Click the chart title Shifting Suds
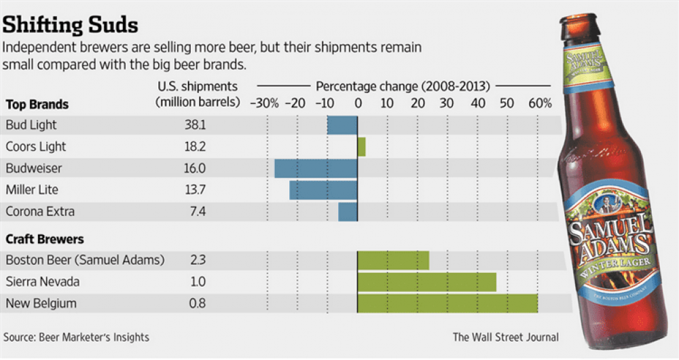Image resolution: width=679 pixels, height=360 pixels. coord(71,25)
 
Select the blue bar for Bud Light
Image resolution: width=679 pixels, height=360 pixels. coord(342,125)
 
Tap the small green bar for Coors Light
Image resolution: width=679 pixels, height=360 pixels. coord(361,147)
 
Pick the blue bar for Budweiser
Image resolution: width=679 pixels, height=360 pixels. coord(316,168)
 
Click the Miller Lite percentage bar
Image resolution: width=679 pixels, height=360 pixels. coord(323,190)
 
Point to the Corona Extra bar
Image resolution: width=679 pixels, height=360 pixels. coord(348,212)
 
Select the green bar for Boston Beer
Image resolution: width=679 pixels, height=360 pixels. coord(393,260)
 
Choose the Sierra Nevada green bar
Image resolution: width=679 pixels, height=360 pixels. coord(426,282)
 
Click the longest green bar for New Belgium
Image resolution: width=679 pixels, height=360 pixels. coord(447,304)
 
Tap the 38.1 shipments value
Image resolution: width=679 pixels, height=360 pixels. coord(196,125)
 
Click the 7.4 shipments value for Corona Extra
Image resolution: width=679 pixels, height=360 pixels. coord(197,212)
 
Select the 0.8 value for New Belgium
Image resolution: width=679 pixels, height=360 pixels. coord(197,304)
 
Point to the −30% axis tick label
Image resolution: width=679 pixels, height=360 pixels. coord(264,103)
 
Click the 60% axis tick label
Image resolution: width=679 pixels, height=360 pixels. coord(540,103)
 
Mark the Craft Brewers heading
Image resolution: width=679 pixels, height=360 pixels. coord(45,239)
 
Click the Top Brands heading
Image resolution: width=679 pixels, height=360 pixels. coord(37,105)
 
